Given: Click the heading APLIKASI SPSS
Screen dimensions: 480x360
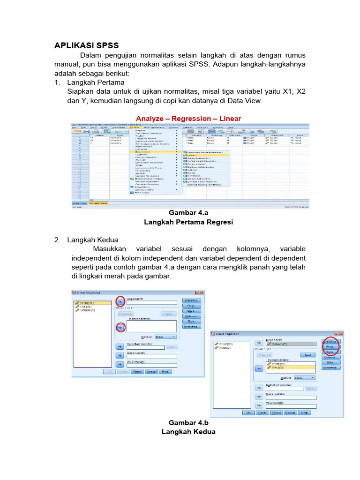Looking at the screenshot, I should (x=87, y=45).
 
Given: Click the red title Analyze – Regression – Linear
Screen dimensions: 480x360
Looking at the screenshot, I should (x=188, y=119).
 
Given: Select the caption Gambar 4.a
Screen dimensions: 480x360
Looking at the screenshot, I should (x=188, y=213).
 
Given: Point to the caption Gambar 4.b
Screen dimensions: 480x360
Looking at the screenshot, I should (x=188, y=423).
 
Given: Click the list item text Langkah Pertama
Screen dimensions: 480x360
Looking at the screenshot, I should (x=96, y=82).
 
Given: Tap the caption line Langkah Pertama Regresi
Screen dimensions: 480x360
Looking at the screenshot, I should (x=188, y=222).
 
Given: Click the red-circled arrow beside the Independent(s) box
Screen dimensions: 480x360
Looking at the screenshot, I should (x=120, y=328).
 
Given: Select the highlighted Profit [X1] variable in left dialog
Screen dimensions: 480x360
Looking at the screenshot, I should (x=93, y=303).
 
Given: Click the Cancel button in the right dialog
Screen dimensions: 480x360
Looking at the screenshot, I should (x=291, y=412).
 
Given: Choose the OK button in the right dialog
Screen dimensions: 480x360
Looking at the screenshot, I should (x=247, y=412).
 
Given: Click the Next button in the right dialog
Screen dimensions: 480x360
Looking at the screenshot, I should (x=307, y=355).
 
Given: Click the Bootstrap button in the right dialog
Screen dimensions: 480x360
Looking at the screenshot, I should (x=330, y=368).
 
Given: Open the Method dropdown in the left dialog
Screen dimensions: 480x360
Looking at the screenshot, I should (x=165, y=337).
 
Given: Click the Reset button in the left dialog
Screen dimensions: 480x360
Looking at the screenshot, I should (x=137, y=371).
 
